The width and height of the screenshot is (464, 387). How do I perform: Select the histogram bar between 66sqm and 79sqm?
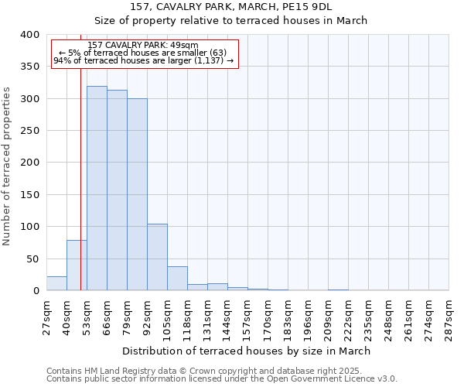pyautogui.click(x=117, y=190)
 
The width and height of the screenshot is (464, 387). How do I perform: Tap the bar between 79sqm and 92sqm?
pyautogui.click(x=137, y=194)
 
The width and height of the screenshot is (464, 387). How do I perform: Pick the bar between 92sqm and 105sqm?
pyautogui.click(x=157, y=257)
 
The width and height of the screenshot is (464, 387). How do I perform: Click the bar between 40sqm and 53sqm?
pyautogui.click(x=77, y=265)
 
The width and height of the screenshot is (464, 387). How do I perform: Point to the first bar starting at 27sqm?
pyautogui.click(x=56, y=283)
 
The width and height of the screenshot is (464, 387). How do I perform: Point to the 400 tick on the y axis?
pyautogui.click(x=30, y=35)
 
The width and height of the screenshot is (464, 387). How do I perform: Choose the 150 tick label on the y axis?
pyautogui.click(x=30, y=194)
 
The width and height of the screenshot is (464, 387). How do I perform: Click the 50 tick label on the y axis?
pyautogui.click(x=33, y=259)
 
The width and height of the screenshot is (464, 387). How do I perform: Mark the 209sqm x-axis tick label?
pyautogui.click(x=328, y=316)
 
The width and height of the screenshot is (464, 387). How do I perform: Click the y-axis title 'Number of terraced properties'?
pyautogui.click(x=8, y=166)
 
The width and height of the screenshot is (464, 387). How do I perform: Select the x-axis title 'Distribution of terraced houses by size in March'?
pyautogui.click(x=247, y=351)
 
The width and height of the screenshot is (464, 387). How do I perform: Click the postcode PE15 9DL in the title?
pyautogui.click(x=330, y=6)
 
